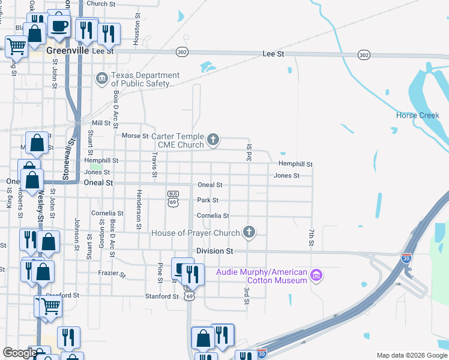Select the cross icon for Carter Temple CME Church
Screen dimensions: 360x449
click(212, 140)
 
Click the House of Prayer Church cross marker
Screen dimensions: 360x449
click(249, 232)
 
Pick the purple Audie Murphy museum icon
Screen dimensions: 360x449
click(316, 275)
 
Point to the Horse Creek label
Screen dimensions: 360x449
click(418, 115)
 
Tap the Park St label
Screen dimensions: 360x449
click(208, 200)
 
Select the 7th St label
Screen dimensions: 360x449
click(312, 236)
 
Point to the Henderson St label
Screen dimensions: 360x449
click(139, 209)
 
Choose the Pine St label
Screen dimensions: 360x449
click(160, 272)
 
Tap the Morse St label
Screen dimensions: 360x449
click(131, 136)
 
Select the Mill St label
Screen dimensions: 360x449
click(102, 123)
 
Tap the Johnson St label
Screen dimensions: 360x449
click(77, 230)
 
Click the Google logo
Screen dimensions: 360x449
click(20, 353)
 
